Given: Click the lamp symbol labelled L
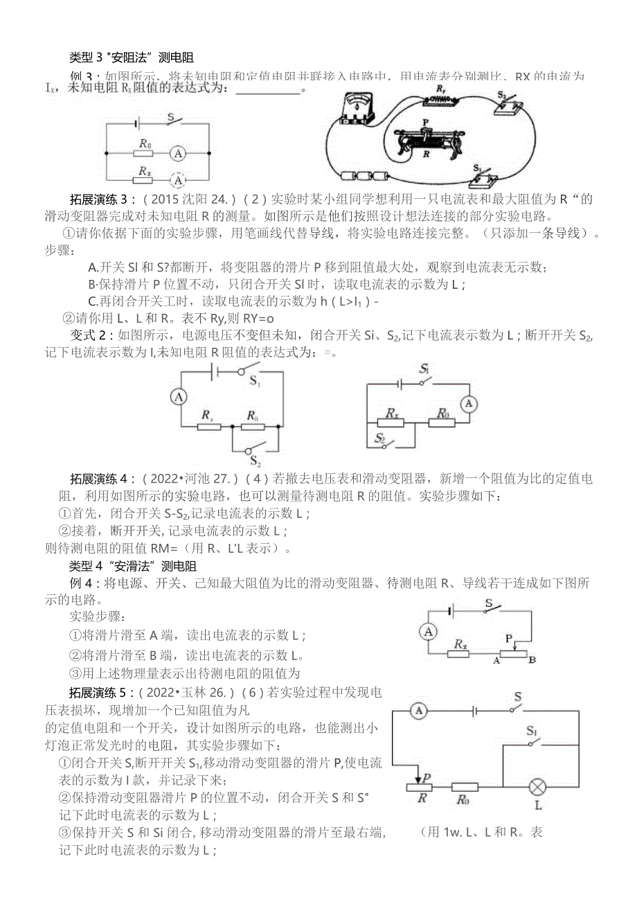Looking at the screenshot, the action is [537, 788].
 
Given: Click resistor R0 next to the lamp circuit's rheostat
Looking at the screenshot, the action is [464, 788].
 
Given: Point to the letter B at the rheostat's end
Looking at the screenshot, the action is [531, 660].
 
